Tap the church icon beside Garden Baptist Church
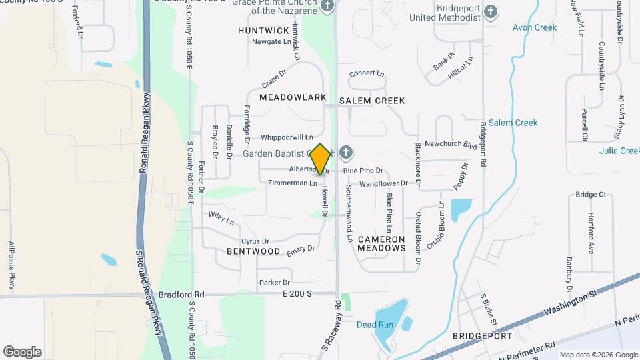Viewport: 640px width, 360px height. point(345,153)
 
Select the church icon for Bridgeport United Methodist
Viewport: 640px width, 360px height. point(491,11)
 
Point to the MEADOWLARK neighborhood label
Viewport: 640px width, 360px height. point(293,97)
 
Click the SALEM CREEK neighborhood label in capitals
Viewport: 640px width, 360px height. point(371,101)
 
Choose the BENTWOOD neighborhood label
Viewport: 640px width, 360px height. point(253,251)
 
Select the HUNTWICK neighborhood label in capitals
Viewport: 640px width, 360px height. point(263,31)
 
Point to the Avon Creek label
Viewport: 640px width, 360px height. point(534,27)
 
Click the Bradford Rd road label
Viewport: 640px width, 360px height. point(181,294)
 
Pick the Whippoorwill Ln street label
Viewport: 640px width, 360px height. point(287,137)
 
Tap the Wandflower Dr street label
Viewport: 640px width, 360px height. point(383,183)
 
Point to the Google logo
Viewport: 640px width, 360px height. point(22,351)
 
